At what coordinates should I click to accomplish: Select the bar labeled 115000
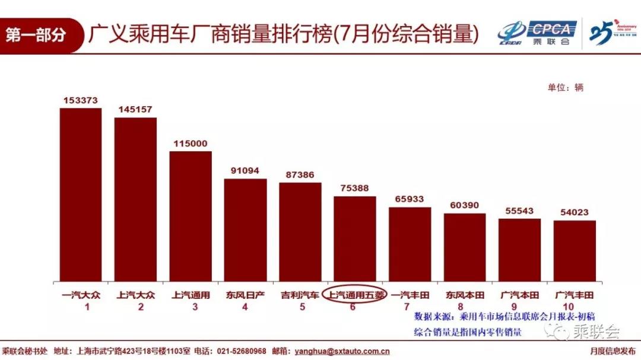pyautogui.click(x=191, y=216)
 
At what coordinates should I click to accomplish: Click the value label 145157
pyautogui.click(x=135, y=110)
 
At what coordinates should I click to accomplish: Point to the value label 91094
pyautogui.click(x=245, y=171)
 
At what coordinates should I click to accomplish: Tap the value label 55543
pyautogui.click(x=519, y=211)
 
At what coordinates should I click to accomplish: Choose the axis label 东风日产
pyautogui.click(x=245, y=295)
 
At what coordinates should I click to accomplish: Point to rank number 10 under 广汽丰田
pyautogui.click(x=574, y=307)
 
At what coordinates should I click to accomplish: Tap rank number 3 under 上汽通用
pyautogui.click(x=191, y=307)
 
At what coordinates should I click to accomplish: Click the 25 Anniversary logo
pyautogui.click(x=611, y=33)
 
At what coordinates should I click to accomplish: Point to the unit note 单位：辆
pyautogui.click(x=566, y=87)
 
